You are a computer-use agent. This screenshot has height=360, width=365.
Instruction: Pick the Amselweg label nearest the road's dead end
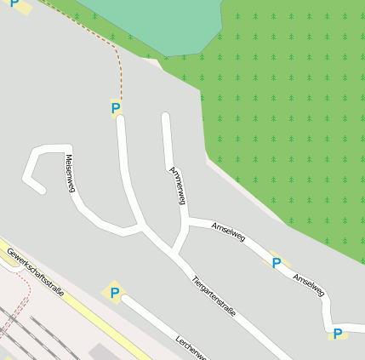(309, 285)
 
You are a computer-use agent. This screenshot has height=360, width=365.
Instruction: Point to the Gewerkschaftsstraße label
(36, 271)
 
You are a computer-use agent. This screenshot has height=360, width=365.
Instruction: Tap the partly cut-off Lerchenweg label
(191, 345)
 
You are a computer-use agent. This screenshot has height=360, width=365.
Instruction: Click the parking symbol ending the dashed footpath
(116, 108)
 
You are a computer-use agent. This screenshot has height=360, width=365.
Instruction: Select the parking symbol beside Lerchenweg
(114, 294)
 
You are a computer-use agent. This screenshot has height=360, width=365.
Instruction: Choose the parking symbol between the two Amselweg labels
(276, 263)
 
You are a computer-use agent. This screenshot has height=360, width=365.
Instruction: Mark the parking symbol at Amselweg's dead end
(338, 334)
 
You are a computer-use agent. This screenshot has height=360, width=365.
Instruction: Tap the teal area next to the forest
(162, 21)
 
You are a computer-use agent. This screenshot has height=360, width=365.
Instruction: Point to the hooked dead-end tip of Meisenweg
(40, 190)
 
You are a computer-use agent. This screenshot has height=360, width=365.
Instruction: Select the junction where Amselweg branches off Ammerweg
(185, 223)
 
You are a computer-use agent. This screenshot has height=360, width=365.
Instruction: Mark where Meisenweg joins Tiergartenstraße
(141, 228)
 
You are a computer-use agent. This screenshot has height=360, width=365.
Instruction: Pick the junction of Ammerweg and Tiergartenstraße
(173, 253)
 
